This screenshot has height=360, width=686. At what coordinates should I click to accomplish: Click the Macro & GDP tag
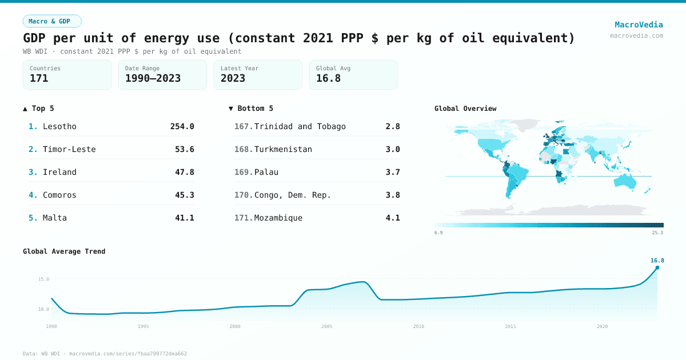pyautogui.click(x=52, y=21)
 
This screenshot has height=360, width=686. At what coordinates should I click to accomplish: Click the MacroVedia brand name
pyautogui.click(x=639, y=25)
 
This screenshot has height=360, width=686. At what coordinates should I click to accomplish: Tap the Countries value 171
pyautogui.click(x=39, y=78)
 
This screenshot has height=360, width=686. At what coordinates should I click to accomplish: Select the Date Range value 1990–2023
pyautogui.click(x=153, y=78)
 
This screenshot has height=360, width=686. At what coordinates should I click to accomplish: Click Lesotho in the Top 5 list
pyautogui.click(x=59, y=126)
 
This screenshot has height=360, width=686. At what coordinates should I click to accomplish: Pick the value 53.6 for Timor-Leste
pyautogui.click(x=184, y=149)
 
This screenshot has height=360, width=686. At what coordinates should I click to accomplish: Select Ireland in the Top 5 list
pyautogui.click(x=59, y=172)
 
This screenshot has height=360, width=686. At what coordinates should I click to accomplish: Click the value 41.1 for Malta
pyautogui.click(x=184, y=218)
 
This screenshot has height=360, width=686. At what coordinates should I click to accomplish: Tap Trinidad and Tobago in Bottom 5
pyautogui.click(x=300, y=126)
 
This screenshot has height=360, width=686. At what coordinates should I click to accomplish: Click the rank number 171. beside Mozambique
pyautogui.click(x=244, y=218)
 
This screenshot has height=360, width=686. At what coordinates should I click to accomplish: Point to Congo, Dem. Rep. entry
pyautogui.click(x=292, y=195)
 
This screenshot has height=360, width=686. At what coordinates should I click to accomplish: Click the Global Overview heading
pyautogui.click(x=465, y=109)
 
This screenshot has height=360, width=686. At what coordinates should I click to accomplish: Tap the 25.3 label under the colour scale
pyautogui.click(x=657, y=233)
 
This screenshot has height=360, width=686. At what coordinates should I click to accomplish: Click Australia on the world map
pyautogui.click(x=630, y=182)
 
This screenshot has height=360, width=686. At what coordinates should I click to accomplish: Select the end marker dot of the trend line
pyautogui.click(x=657, y=267)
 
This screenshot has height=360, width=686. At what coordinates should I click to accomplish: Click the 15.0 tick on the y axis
pyautogui.click(x=44, y=279)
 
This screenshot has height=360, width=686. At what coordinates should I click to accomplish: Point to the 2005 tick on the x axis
pyautogui.click(x=326, y=326)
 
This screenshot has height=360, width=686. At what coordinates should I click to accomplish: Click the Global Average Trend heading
pyautogui.click(x=64, y=251)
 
